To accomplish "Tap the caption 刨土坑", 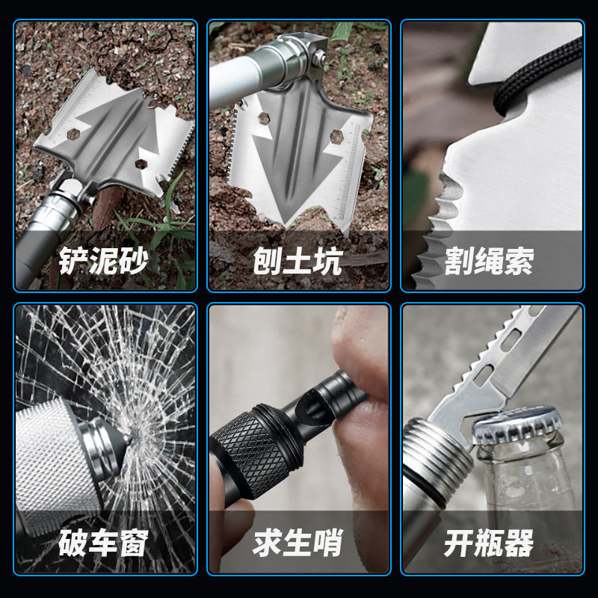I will [298, 262].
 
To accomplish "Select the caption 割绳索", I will [490, 262].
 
